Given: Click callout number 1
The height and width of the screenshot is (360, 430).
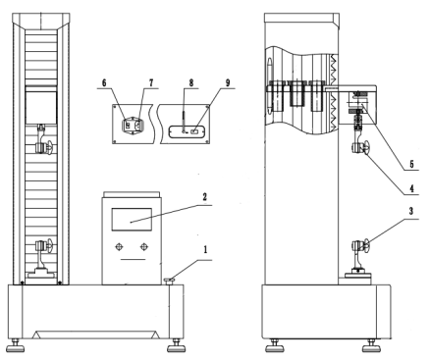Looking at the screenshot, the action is (x=205, y=250).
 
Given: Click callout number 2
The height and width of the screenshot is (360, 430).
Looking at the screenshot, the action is (x=204, y=197).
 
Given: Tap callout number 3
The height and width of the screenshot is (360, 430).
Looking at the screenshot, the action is (x=411, y=211).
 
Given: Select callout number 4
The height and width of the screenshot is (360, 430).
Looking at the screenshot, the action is (x=412, y=188).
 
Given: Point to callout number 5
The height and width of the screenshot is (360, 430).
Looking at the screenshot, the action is (x=412, y=164).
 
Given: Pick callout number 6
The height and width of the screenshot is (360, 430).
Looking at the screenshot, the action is (x=104, y=82).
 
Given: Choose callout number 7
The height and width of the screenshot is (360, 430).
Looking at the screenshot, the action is (x=151, y=82).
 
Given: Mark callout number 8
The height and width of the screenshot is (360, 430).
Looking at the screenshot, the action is (x=191, y=82).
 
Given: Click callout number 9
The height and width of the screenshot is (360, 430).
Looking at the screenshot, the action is (x=228, y=82).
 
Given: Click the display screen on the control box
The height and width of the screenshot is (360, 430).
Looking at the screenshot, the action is (x=132, y=220).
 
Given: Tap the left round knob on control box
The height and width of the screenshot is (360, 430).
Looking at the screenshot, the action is (x=120, y=246).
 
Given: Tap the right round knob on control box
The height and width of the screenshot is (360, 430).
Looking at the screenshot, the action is (x=144, y=246).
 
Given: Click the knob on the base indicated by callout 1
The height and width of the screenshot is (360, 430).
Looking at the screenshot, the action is (x=170, y=282).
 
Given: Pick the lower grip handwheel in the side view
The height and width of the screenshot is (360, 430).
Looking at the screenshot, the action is (x=365, y=246).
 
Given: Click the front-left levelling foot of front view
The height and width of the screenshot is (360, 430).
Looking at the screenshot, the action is (x=16, y=347).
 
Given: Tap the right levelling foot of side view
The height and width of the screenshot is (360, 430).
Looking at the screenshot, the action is (x=371, y=347).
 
